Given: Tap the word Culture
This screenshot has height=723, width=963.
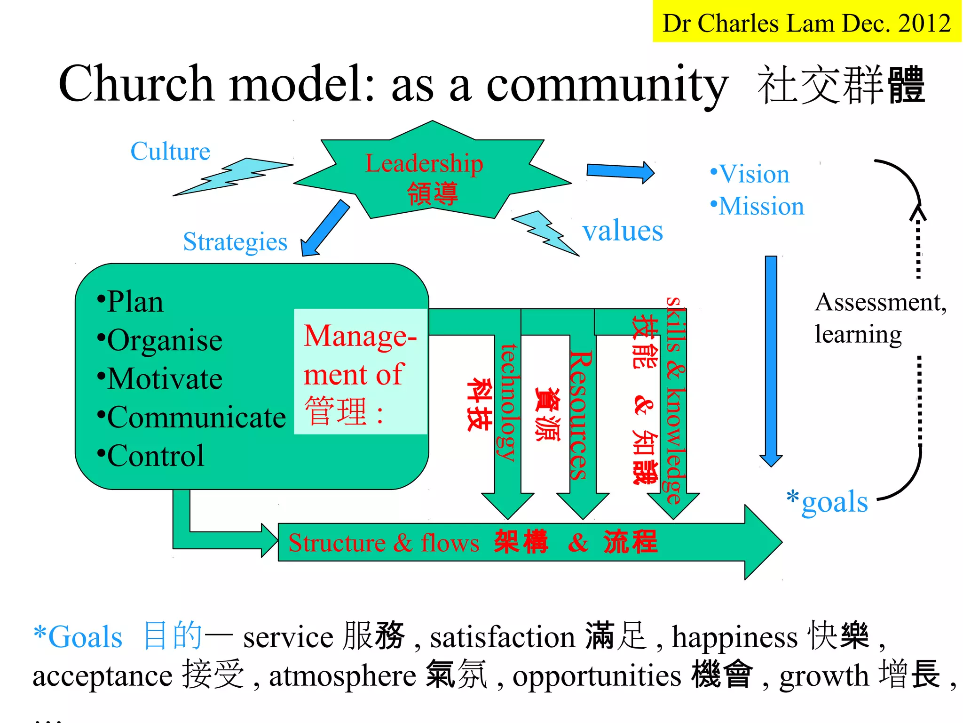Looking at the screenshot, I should click(x=170, y=152).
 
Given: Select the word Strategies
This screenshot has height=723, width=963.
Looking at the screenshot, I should click(x=235, y=242).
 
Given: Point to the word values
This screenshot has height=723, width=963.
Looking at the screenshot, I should click(x=622, y=231).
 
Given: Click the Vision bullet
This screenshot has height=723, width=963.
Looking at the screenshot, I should click(x=750, y=174).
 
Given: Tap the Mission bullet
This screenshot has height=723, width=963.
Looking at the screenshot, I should click(x=757, y=206).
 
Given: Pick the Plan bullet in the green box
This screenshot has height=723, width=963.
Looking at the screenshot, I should click(x=130, y=302).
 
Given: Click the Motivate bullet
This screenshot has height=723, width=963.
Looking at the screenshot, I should click(x=160, y=378).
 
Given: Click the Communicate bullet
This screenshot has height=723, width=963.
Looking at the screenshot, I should click(x=191, y=417).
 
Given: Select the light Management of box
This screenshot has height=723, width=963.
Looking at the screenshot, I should click(x=360, y=372).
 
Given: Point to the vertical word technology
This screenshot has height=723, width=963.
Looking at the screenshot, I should click(x=509, y=402).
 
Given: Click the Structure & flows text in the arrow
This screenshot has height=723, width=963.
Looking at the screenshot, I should click(x=384, y=543).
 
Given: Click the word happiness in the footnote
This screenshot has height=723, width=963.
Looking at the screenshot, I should click(x=734, y=638).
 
